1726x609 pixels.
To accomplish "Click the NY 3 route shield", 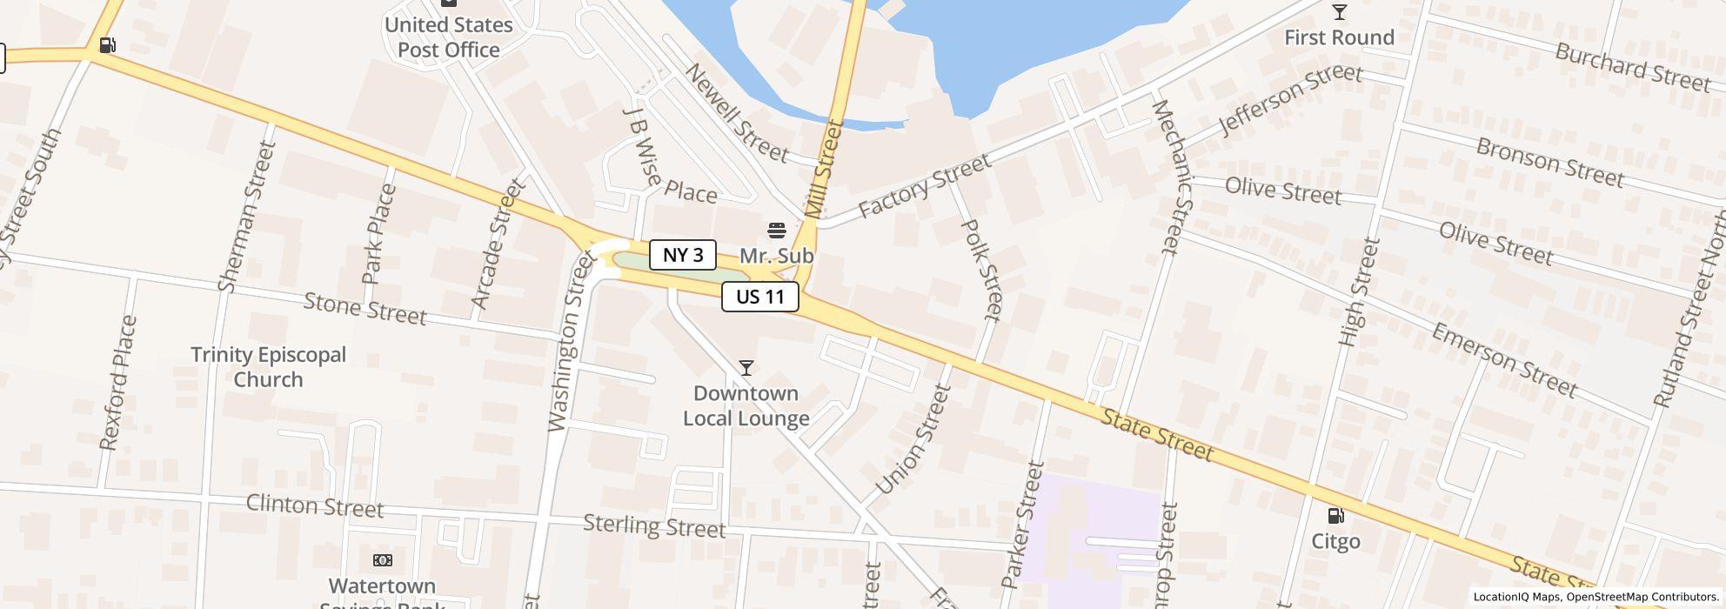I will click(x=683, y=255).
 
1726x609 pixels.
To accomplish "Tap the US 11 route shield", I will click(x=759, y=297).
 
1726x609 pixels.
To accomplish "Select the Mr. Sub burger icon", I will click(x=777, y=230).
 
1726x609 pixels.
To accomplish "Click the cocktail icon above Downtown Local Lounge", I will click(x=746, y=368).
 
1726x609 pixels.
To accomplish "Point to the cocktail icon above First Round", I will click(x=1339, y=12).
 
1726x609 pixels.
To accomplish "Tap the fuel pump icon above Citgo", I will click(x=1335, y=516).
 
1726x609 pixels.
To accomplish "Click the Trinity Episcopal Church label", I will click(x=268, y=366).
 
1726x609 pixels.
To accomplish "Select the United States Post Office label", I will click(x=449, y=37).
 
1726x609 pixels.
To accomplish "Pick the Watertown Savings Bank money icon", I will click(x=383, y=560).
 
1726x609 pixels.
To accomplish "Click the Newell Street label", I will click(x=736, y=113).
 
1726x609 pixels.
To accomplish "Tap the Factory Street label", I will click(x=924, y=186).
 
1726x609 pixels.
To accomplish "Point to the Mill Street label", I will click(x=824, y=169).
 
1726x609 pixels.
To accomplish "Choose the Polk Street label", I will click(x=981, y=268).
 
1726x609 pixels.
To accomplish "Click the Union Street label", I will click(x=913, y=440).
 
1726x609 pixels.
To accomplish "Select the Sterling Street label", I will click(x=653, y=525).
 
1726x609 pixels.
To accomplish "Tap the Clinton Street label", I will click(x=314, y=505).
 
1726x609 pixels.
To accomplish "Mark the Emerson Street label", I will click(x=1503, y=359).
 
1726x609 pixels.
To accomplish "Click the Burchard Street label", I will click(x=1632, y=66).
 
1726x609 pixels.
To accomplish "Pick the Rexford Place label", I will click(x=118, y=383).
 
